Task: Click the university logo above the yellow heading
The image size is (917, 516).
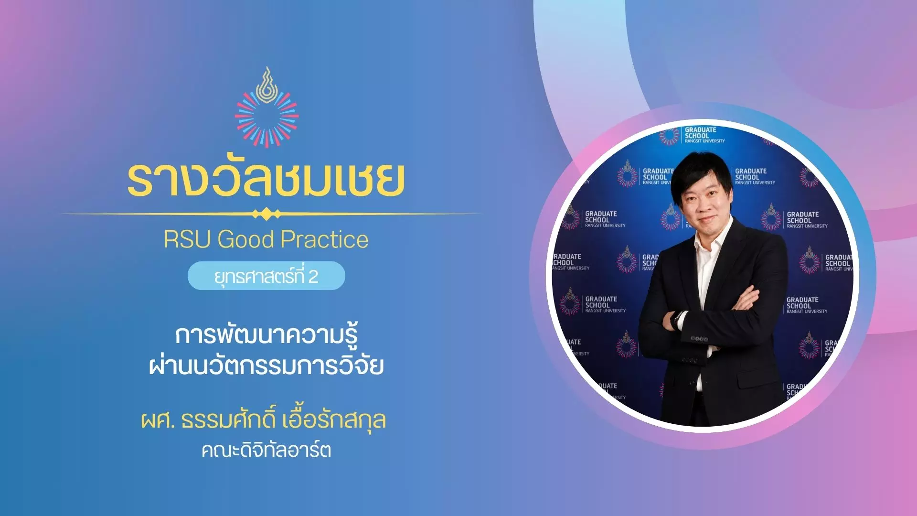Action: [x=267, y=107]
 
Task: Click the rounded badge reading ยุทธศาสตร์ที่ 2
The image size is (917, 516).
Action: [x=267, y=276]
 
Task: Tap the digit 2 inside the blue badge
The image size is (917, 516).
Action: [x=313, y=277]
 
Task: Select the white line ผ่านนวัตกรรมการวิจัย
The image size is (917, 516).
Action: [x=267, y=365]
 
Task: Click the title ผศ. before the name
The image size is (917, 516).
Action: [x=158, y=420]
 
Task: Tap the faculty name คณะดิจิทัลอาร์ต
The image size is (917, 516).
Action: [x=267, y=450]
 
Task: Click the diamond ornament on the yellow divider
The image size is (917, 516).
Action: [x=266, y=214]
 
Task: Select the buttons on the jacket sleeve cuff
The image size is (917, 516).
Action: [x=699, y=339]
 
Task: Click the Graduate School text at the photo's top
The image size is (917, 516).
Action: [x=704, y=135]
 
